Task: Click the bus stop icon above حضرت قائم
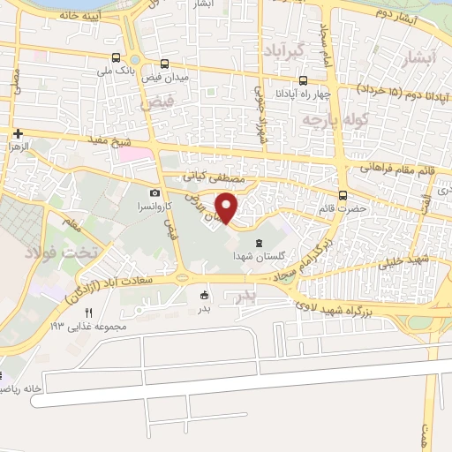pyautogui.click(x=343, y=196)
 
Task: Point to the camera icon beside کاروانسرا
pyautogui.click(x=155, y=193)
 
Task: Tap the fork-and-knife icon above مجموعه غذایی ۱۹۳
pyautogui.click(x=88, y=312)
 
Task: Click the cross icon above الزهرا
pyautogui.click(x=17, y=133)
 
